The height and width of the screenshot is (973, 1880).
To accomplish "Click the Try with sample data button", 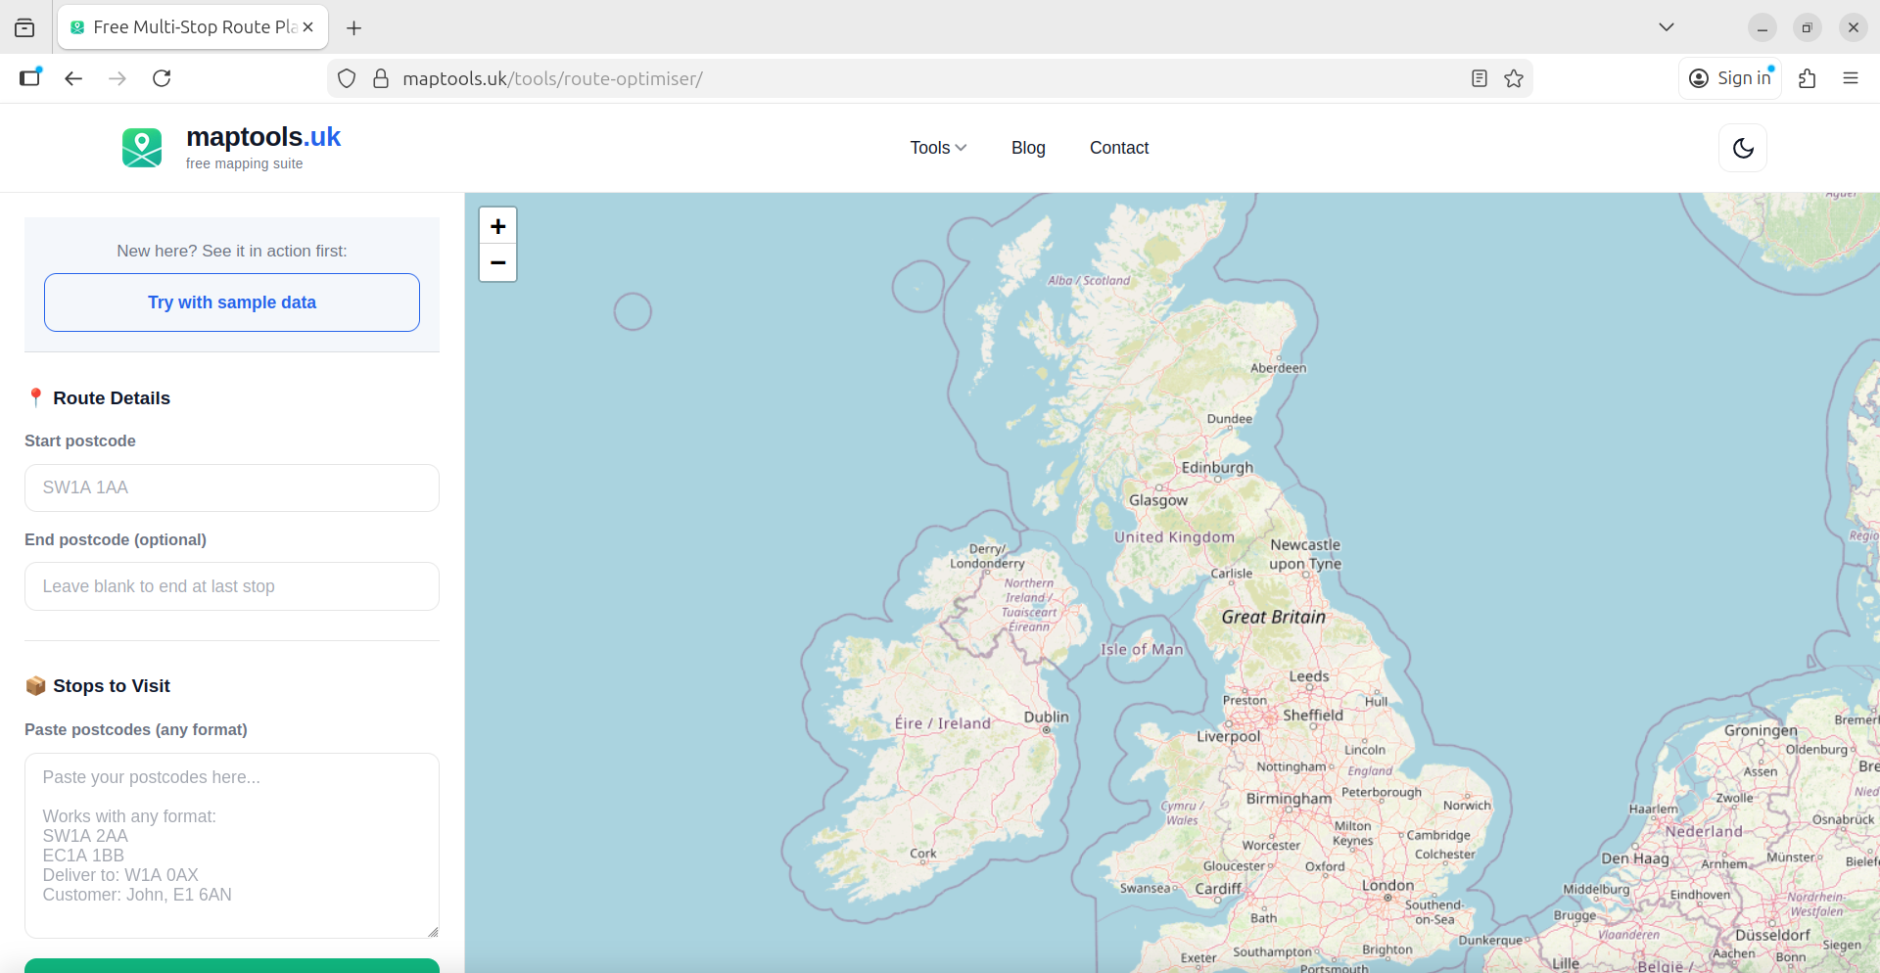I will tap(232, 302).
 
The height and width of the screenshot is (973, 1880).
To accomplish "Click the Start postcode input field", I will tap(232, 487).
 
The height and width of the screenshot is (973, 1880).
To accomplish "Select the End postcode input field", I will tap(232, 586).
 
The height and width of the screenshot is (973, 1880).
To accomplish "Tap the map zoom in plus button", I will tap(497, 226).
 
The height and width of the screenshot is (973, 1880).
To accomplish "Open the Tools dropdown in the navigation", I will tap(938, 148).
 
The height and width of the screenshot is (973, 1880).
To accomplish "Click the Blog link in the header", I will tap(1028, 148).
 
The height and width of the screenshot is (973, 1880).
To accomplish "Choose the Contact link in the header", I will tap(1119, 148).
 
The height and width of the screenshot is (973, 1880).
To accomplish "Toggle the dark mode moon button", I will tap(1743, 148).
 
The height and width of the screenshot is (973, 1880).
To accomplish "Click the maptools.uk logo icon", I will tap(142, 148).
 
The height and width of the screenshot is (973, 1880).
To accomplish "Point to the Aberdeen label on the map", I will tap(1278, 368).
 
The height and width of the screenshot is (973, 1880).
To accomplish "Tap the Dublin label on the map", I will tap(1046, 717).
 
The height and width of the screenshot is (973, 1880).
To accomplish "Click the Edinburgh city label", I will tap(1217, 468).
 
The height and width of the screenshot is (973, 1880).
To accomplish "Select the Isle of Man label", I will tap(1142, 649).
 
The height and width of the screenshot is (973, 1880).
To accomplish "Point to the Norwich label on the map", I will tap(1467, 806).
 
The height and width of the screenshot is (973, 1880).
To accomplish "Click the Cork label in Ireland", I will tap(923, 854).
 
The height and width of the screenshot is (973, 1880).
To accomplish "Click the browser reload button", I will tap(162, 78).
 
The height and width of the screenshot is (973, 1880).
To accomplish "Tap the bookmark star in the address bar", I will tap(1514, 78).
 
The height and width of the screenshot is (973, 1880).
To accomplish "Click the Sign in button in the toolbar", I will tap(1731, 78).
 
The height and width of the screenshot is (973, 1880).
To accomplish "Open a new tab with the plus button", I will tap(354, 27).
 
